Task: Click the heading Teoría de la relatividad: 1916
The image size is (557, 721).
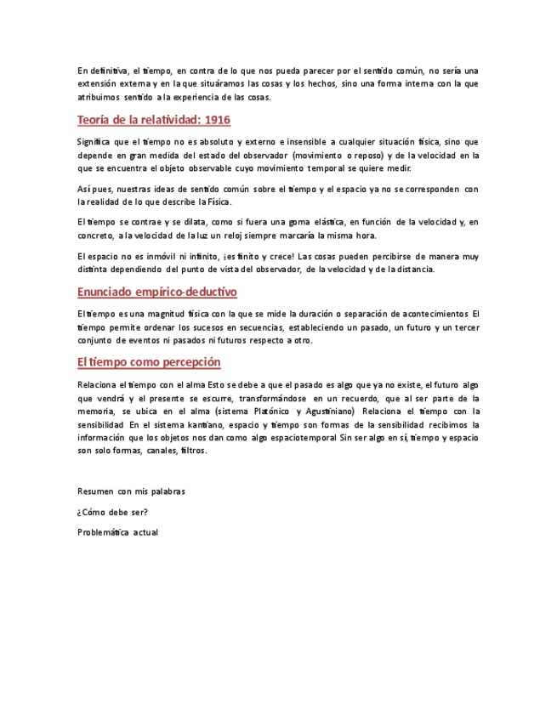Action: click(x=153, y=120)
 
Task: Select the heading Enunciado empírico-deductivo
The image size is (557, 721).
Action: click(x=156, y=292)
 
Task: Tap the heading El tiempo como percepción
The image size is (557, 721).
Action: click(x=149, y=362)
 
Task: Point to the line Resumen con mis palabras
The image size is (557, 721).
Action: click(x=131, y=491)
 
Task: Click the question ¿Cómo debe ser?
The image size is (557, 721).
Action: click(x=111, y=512)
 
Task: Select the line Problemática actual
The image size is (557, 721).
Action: click(x=117, y=532)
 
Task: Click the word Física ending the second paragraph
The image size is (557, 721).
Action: click(x=219, y=202)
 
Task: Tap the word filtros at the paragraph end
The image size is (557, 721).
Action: click(x=193, y=451)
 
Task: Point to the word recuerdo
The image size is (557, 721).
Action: click(x=359, y=398)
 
